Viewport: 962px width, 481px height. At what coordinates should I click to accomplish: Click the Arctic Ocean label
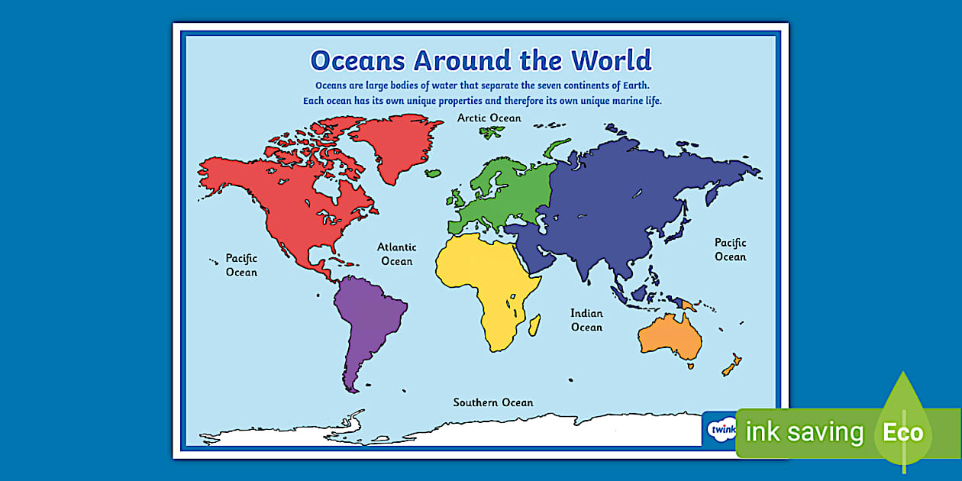(489, 118)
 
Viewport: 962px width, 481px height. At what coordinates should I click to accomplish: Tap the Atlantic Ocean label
(397, 254)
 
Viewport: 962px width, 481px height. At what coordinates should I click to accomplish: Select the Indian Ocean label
(586, 320)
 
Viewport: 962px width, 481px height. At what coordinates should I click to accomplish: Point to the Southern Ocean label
(493, 402)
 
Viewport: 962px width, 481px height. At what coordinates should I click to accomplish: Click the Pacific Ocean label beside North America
(241, 265)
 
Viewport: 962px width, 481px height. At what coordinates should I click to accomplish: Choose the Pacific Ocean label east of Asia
(730, 250)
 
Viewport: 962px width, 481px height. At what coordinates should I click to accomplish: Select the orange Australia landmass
(670, 337)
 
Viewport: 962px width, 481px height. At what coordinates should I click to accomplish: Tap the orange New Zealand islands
(731, 365)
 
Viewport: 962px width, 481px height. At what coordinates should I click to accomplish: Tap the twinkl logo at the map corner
(720, 429)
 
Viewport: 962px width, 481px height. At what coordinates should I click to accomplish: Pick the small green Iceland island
(433, 173)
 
